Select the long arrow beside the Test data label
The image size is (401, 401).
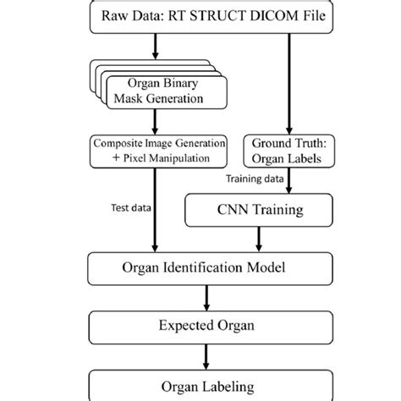[155, 211]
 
